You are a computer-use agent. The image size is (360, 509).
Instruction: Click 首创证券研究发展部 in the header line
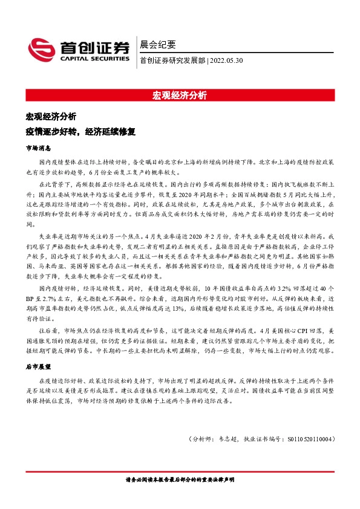[172, 60]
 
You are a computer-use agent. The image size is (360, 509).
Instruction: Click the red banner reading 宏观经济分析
[180, 96]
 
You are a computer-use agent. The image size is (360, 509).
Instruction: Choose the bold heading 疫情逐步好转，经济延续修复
[80, 131]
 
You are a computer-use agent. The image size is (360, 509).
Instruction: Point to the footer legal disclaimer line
[180, 479]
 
